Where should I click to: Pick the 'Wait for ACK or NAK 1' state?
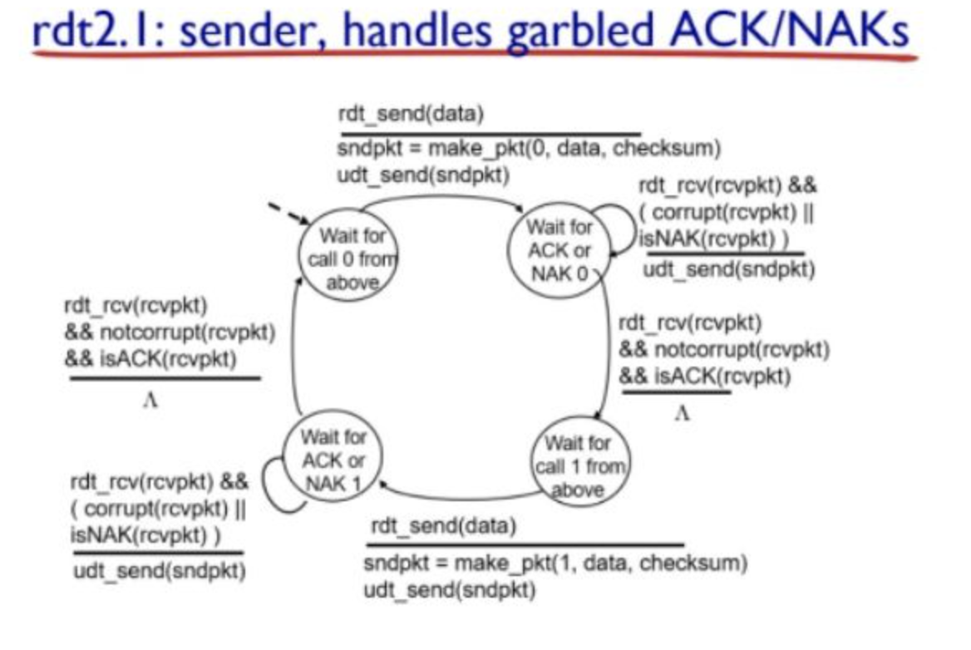pos(333,460)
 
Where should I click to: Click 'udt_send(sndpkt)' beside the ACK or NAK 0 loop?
pos(729,270)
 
